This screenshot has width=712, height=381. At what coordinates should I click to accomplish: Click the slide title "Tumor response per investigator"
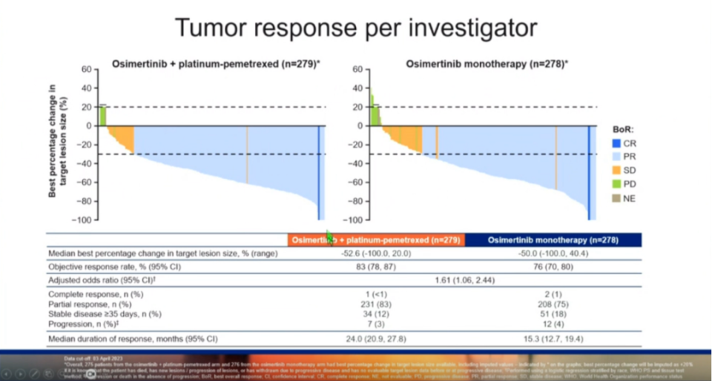(x=355, y=27)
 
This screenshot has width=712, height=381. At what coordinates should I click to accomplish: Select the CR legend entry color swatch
(x=615, y=142)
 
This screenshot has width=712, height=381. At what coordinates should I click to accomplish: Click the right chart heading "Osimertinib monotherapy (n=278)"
(x=487, y=64)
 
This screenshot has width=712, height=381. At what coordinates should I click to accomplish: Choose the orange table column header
(x=376, y=240)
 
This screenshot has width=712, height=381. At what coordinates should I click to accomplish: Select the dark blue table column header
(x=553, y=240)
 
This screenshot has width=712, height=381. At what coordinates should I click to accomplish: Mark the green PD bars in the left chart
(x=103, y=116)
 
